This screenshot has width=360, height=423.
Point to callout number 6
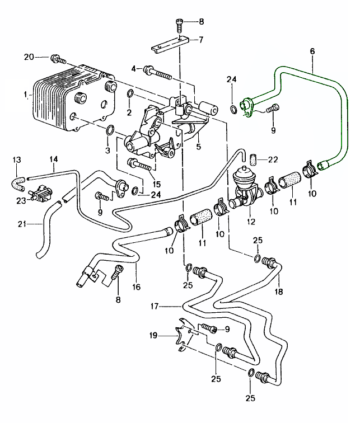coord(312,51)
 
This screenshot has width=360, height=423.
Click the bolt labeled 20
coord(56,58)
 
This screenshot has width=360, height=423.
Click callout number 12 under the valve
coord(250,222)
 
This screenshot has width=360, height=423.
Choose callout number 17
coord(155,306)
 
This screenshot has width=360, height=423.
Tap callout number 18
coord(279,292)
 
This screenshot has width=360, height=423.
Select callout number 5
coord(198,148)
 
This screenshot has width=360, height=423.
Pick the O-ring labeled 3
coord(111,131)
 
